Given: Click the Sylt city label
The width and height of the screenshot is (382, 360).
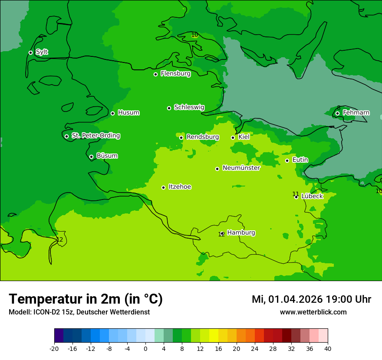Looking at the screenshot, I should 42,52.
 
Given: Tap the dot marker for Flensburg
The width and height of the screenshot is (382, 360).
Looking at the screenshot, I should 155,74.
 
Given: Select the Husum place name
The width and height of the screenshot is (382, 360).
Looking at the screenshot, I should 128,113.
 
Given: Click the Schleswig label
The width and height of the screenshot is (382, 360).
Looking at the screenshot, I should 189,107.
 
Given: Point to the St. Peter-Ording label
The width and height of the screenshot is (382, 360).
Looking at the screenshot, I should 95,136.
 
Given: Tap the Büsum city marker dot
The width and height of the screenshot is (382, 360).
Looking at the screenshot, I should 91,157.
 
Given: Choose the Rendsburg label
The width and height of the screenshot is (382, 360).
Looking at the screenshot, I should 202,137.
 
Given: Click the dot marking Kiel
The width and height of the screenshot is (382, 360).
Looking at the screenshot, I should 233,137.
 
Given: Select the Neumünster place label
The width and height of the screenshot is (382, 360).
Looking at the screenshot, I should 241,168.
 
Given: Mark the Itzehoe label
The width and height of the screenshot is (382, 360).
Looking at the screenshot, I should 180,187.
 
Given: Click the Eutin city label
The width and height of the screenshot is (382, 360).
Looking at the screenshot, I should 300,160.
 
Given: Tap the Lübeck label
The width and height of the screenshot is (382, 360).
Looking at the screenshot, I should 312,196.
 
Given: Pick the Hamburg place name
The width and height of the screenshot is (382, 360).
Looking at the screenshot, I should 241,233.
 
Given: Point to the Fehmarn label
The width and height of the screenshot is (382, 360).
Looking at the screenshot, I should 356,113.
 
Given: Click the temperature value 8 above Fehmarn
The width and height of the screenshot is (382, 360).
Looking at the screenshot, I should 339,108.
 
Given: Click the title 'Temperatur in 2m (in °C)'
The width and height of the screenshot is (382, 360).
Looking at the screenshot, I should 86,299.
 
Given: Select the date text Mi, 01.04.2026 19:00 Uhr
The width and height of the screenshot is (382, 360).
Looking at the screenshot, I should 311,299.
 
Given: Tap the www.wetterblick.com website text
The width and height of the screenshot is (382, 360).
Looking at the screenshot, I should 313,312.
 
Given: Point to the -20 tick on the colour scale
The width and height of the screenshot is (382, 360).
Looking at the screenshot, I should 54,349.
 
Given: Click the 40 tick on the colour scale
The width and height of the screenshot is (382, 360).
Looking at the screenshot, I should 328,349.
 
